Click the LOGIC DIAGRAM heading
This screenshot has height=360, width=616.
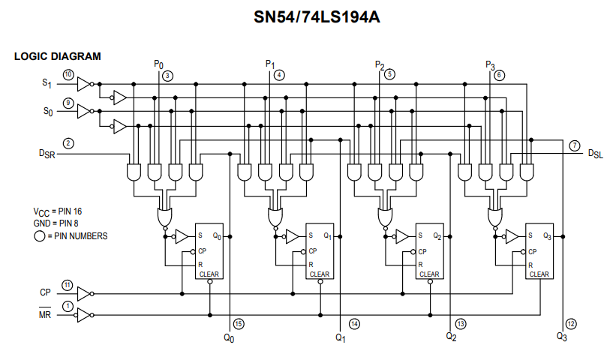pyautogui.click(x=58, y=56)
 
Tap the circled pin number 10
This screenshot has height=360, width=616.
pyautogui.click(x=68, y=75)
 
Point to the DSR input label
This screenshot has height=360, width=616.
pyautogui.click(x=47, y=153)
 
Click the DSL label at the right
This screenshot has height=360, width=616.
pyautogui.click(x=595, y=153)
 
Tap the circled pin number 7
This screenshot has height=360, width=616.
pyautogui.click(x=574, y=145)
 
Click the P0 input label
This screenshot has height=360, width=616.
pyautogui.click(x=158, y=65)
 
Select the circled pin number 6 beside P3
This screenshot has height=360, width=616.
pyautogui.click(x=500, y=75)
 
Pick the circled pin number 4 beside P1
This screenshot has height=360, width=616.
pyautogui.click(x=279, y=75)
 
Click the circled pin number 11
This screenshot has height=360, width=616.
pyautogui.click(x=68, y=285)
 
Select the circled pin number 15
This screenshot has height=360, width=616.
pyautogui.click(x=239, y=324)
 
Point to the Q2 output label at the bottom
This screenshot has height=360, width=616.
pyautogui.click(x=451, y=337)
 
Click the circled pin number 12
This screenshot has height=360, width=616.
pyautogui.click(x=571, y=324)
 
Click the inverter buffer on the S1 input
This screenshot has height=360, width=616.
pyautogui.click(x=84, y=83)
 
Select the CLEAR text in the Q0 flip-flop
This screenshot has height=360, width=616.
pyautogui.click(x=209, y=274)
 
